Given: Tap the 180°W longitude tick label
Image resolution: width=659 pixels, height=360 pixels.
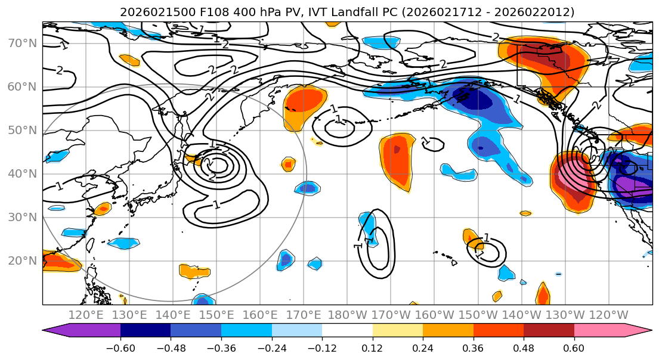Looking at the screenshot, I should (347, 315).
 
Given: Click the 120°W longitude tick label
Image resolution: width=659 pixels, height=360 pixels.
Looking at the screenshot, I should (609, 315).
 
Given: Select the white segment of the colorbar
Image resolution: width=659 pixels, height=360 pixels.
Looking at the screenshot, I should (347, 330).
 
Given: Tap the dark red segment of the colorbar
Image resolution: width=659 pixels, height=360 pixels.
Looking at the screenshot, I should (549, 330).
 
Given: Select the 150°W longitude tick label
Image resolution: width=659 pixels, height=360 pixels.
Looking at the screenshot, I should (478, 315).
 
